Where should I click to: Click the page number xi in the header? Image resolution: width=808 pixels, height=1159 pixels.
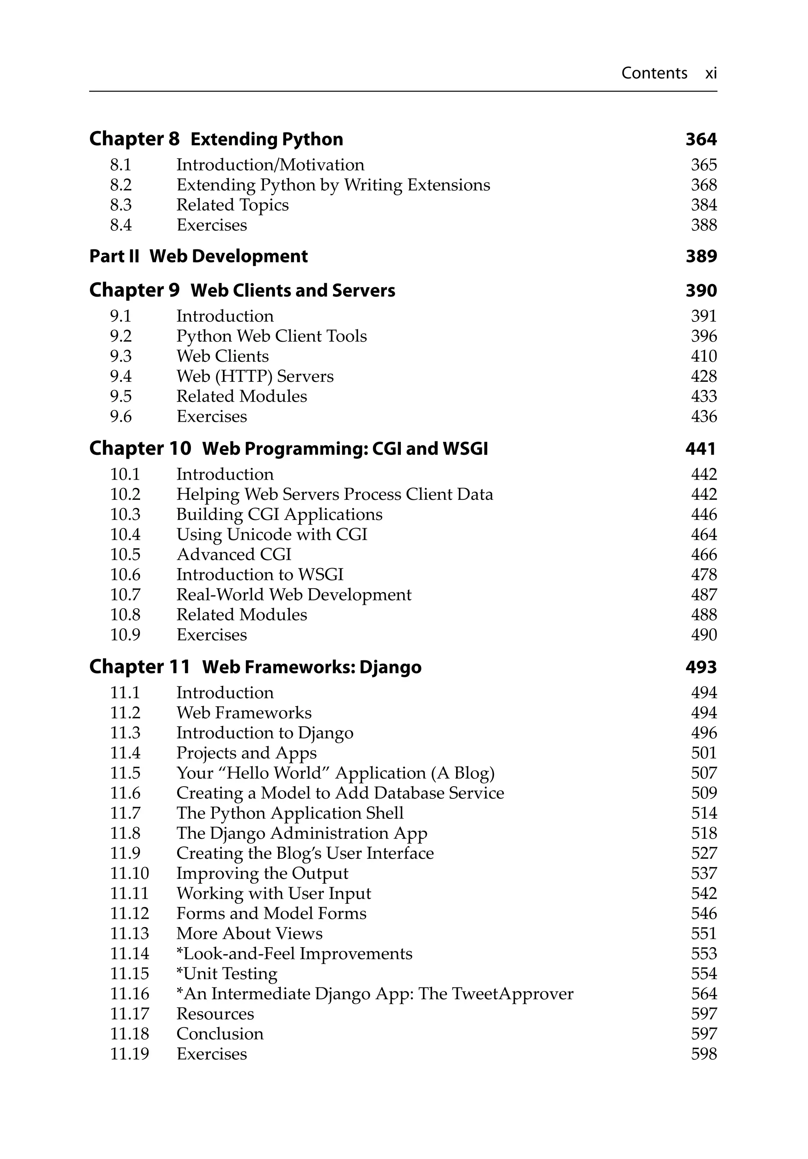[x=711, y=74]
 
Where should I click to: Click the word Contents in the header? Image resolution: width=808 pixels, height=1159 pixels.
[x=654, y=73]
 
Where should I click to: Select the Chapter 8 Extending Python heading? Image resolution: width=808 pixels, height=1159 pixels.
[x=216, y=139]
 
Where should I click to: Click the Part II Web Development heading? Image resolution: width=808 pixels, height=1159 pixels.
[x=198, y=256]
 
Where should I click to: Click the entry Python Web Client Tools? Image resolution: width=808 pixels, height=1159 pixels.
[x=271, y=336]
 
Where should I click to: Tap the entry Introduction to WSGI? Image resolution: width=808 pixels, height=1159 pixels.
[x=260, y=574]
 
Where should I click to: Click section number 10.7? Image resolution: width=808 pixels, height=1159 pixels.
[x=125, y=594]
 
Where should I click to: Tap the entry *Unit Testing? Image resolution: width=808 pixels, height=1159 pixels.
[x=227, y=973]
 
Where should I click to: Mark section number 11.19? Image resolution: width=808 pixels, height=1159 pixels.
[x=130, y=1054]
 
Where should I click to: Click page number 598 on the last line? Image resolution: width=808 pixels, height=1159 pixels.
[x=703, y=1054]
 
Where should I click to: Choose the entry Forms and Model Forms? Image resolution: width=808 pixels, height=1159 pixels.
[x=271, y=913]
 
